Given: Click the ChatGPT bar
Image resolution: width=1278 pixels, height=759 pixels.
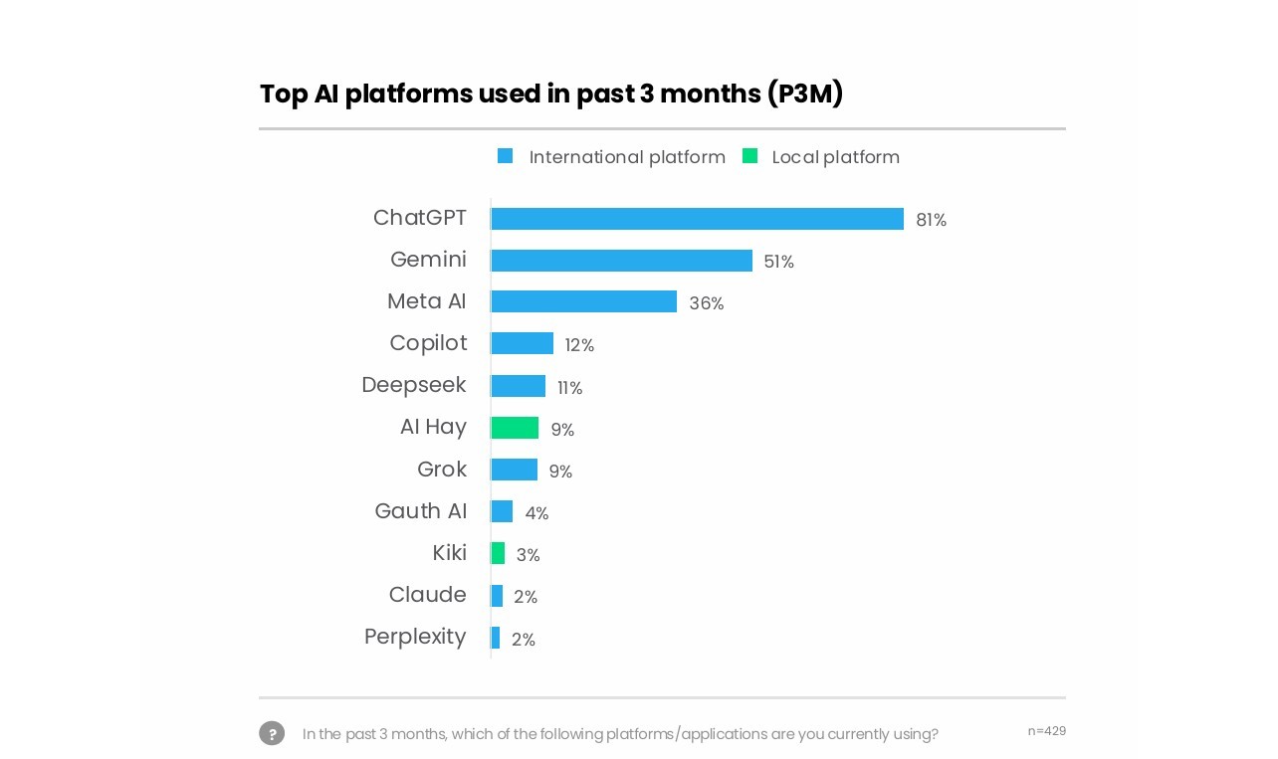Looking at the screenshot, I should click(x=697, y=219).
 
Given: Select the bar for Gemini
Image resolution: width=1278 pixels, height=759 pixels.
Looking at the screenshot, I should click(x=621, y=261).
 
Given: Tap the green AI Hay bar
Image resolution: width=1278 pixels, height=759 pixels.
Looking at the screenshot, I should click(x=515, y=428).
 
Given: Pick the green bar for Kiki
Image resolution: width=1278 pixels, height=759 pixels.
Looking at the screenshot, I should click(x=498, y=553).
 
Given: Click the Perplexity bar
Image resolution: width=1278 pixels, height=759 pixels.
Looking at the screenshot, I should click(x=496, y=638).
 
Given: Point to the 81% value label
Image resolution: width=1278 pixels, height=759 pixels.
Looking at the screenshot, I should click(x=931, y=220).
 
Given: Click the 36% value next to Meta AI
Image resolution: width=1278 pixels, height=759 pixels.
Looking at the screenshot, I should click(x=706, y=303).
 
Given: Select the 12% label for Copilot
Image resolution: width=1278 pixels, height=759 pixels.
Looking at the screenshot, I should click(x=579, y=345).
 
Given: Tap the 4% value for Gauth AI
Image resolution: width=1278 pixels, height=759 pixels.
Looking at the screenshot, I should click(x=536, y=513).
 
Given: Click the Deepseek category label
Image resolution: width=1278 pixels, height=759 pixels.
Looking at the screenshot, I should click(x=413, y=385).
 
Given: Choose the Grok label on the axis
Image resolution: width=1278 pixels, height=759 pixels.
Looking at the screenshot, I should click(x=441, y=469).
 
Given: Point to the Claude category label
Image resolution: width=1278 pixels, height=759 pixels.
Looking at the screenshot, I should click(x=427, y=595).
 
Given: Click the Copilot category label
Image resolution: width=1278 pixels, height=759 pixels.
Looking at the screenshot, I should click(x=428, y=343).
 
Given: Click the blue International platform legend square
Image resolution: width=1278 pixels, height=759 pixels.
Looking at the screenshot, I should click(x=506, y=156).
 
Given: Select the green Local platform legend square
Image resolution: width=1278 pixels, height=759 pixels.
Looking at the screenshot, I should click(x=749, y=156).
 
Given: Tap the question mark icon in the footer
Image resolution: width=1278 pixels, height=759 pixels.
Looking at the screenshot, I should click(x=272, y=733).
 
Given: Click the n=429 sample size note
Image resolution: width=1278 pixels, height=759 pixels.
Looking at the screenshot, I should click(x=1046, y=731).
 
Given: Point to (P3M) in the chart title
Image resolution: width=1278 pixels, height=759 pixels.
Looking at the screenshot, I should click(x=804, y=94).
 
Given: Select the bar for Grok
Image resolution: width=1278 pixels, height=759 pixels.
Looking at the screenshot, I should click(x=514, y=470).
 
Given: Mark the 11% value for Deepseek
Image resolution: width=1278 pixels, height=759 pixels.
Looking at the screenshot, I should click(x=569, y=388).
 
